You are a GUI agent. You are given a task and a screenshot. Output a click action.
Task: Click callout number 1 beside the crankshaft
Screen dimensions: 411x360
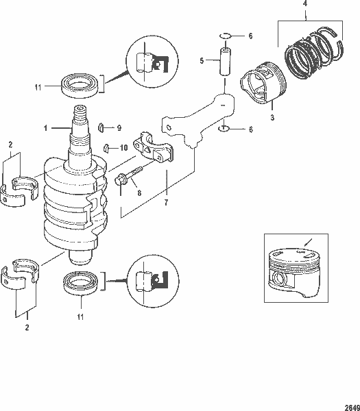46,127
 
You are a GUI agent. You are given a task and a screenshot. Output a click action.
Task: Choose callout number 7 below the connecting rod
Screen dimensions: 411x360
166,203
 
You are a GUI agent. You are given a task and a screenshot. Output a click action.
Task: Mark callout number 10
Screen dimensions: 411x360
124,147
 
